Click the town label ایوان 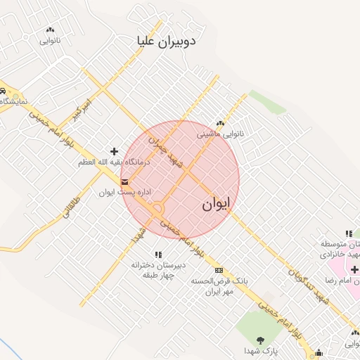(217, 205)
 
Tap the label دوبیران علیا (168, 41)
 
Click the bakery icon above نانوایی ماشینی (220, 123)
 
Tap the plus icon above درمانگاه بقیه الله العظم (114, 151)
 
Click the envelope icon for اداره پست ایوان (124, 183)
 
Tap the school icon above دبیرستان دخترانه (157, 255)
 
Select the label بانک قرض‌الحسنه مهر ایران (212, 286)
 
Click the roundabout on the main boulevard (156, 209)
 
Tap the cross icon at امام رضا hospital (354, 269)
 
